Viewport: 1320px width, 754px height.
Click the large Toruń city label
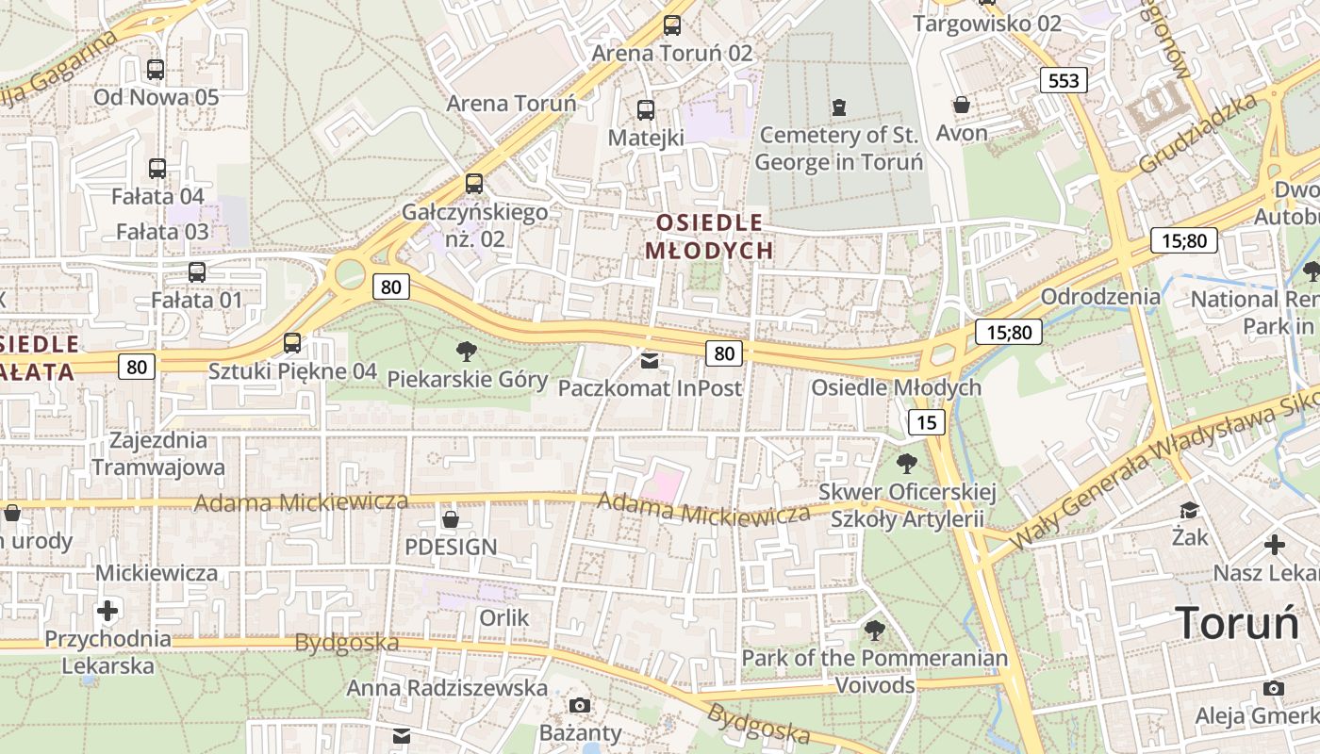pos(1237,623)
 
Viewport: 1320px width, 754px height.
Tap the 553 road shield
pos(1064,80)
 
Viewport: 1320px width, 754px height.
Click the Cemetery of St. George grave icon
pos(839,107)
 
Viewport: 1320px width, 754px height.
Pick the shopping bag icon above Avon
pos(962,104)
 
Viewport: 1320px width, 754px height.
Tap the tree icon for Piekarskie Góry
pos(466,352)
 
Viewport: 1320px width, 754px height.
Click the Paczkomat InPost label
pos(650,387)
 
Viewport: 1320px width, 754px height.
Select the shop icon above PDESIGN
pos(451,519)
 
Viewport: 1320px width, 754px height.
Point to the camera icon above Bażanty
pos(580,705)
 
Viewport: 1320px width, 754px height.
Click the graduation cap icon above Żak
pos(1190,510)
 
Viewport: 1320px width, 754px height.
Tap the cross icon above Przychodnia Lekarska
pos(108,611)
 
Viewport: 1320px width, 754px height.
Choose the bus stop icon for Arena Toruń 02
pos(671,25)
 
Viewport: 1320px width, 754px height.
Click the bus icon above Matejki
pos(646,110)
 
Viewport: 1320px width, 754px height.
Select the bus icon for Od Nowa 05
pos(156,69)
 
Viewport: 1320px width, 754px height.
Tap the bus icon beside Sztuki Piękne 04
pos(292,343)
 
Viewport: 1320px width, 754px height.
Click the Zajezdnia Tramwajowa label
pos(158,453)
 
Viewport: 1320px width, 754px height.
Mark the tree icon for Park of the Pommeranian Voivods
pos(875,630)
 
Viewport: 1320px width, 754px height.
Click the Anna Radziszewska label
pos(447,688)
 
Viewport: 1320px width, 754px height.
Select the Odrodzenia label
pos(1100,296)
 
